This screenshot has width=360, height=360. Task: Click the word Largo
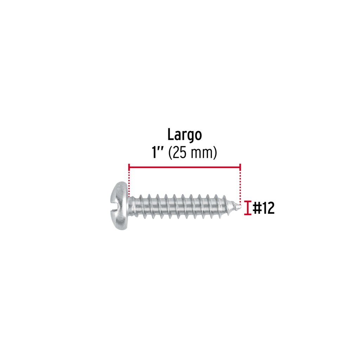(185, 135)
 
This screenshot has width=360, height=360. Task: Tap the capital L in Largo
(171, 135)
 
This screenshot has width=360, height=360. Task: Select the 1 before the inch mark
(154, 153)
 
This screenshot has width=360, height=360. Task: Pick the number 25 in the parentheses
(179, 153)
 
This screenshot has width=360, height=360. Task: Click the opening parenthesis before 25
(171, 153)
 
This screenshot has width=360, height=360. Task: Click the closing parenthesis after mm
(215, 153)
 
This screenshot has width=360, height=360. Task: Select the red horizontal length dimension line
(185, 167)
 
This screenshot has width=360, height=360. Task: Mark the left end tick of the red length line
(129, 167)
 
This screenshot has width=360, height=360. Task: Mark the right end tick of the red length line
(240, 167)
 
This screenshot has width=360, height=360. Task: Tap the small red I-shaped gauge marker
(247, 208)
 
